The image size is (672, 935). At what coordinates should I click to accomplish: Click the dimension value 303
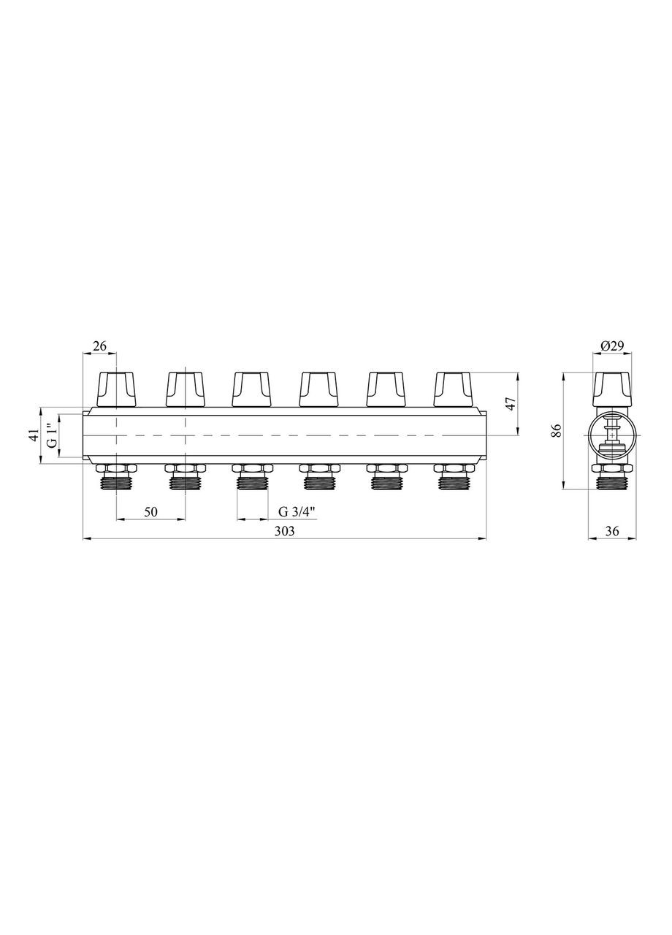point(285,531)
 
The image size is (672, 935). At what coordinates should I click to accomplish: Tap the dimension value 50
point(150,512)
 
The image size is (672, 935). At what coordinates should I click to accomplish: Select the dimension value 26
point(99,346)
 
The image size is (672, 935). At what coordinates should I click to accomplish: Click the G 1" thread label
point(51,436)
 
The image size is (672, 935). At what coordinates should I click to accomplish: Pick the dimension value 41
point(34,435)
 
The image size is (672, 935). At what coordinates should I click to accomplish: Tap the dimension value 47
point(511,404)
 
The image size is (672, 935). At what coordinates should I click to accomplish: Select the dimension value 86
point(557,430)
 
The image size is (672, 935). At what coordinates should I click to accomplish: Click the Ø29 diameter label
point(611,346)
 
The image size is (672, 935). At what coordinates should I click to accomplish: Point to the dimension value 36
point(611,531)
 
